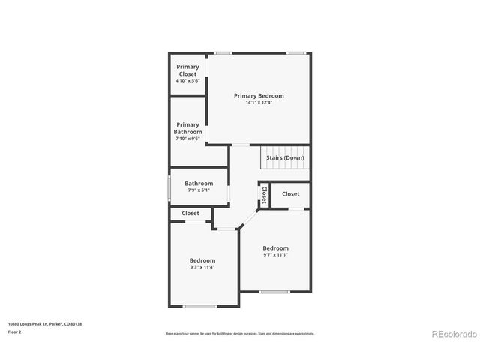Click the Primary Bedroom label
[259, 95]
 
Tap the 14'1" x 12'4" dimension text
[259, 103]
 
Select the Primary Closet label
[187, 70]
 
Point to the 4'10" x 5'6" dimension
[187, 81]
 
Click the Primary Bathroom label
[187, 128]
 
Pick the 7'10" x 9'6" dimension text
[187, 139]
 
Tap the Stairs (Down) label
[285, 158]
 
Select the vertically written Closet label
[264, 195]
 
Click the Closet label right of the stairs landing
[291, 194]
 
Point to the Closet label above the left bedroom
[190, 214]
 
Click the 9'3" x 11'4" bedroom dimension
[202, 267]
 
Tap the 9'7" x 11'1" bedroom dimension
[275, 255]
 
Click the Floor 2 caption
[15, 331]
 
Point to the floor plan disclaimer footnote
[239, 333]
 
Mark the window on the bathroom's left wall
[168, 187]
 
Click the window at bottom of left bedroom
[200, 306]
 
